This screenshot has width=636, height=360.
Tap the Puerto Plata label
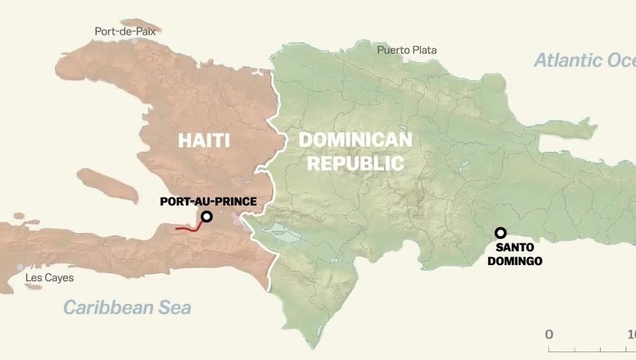407,50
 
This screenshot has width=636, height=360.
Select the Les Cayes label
49,278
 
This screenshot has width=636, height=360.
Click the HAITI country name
204,140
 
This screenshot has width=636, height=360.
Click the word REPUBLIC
356,163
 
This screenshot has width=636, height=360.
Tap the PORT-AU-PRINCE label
208,202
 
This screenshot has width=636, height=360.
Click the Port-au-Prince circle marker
206,217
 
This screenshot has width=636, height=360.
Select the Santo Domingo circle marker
500,232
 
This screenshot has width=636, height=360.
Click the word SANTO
515,247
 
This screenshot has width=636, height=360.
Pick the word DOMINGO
519,261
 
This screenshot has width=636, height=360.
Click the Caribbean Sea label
127,307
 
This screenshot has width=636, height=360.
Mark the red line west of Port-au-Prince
189,228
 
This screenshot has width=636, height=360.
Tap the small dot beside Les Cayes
21,268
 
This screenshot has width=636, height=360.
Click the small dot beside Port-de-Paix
134,40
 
